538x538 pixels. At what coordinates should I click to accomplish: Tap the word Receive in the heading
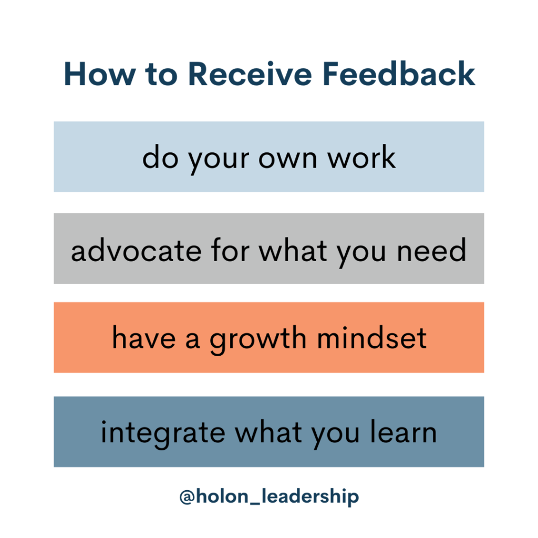(249, 75)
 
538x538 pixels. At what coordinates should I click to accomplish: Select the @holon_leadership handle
(269, 497)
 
